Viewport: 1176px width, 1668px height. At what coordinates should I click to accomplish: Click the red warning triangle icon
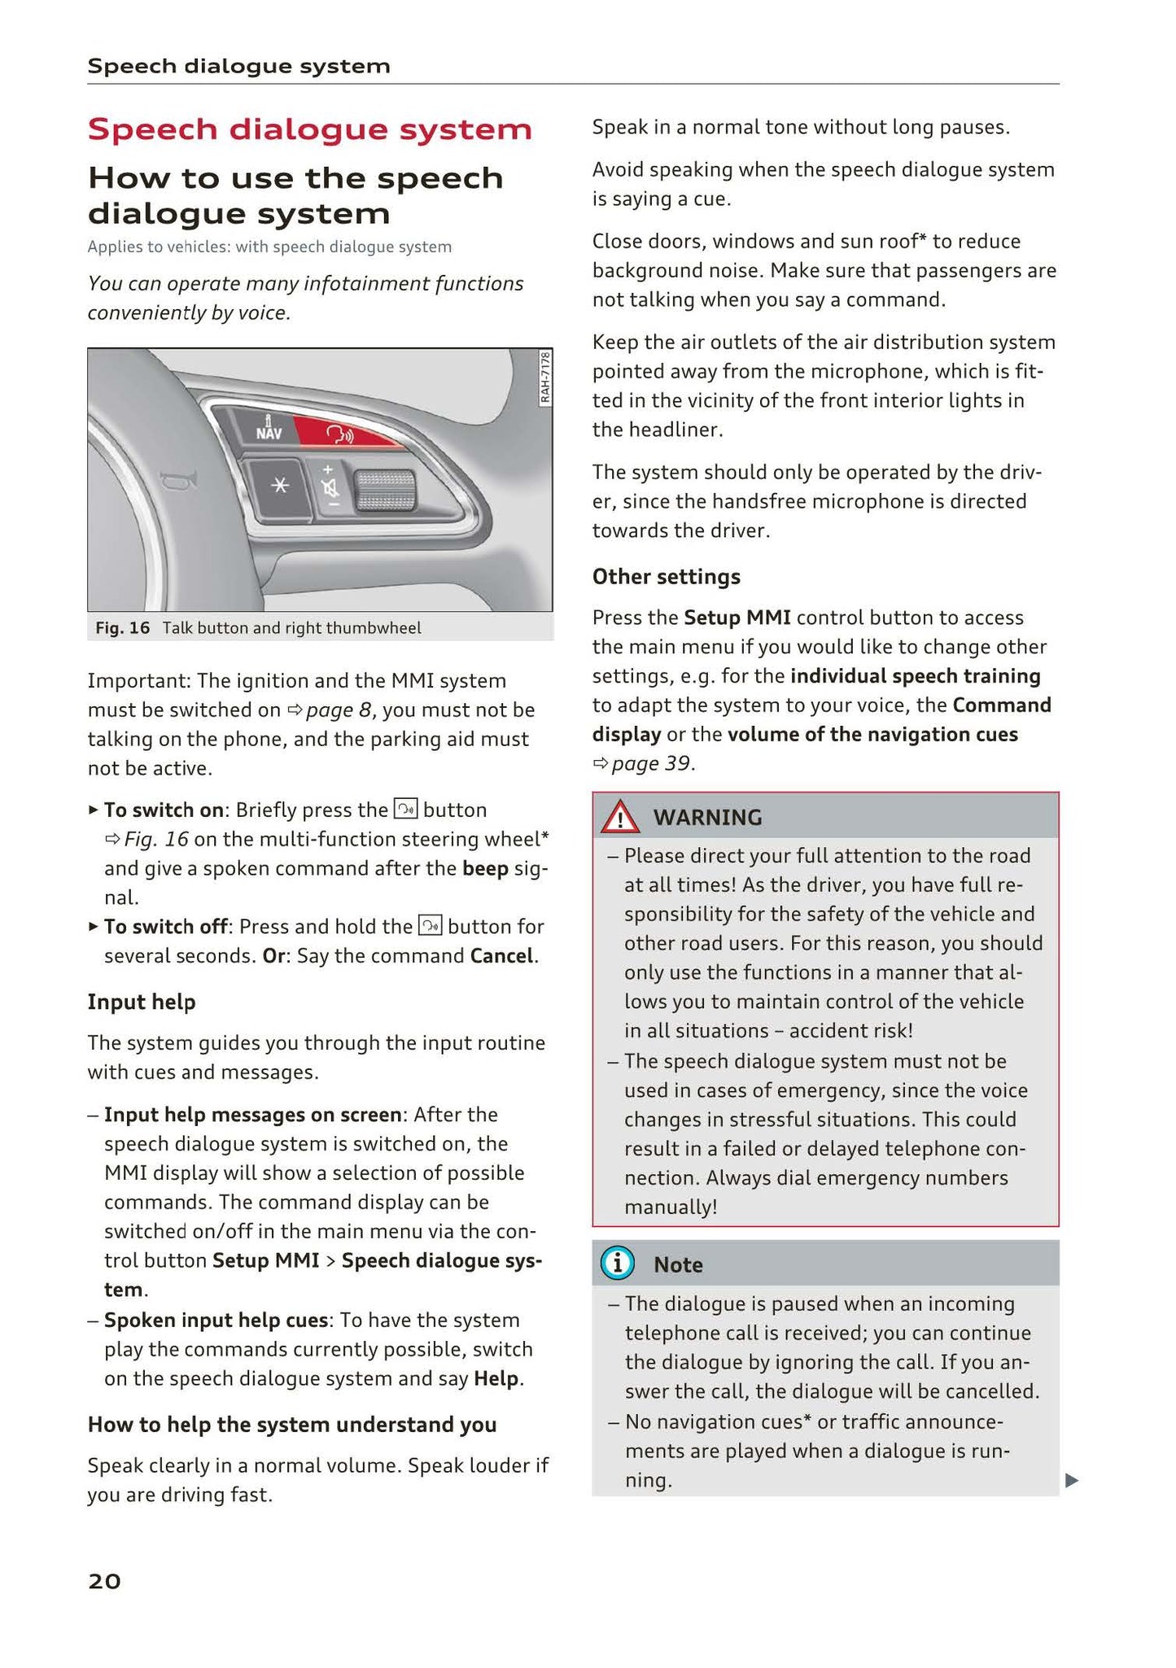click(620, 817)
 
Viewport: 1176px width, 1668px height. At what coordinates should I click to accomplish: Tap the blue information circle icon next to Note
click(617, 1264)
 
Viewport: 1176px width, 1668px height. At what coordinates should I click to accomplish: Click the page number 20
click(104, 1581)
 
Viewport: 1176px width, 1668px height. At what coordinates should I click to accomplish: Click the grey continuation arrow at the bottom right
click(1071, 1480)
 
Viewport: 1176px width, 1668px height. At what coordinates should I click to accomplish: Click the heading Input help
click(142, 1002)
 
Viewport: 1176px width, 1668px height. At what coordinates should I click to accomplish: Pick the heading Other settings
click(666, 576)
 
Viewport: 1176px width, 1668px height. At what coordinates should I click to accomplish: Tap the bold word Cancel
click(502, 955)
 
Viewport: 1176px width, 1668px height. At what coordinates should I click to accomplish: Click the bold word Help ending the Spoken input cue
click(496, 1378)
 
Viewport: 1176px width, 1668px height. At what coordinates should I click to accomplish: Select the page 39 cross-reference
click(649, 763)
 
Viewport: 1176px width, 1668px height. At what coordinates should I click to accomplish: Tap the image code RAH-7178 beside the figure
click(544, 377)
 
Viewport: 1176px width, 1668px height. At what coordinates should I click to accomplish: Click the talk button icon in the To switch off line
click(430, 926)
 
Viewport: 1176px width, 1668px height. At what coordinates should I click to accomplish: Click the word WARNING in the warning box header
click(707, 817)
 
